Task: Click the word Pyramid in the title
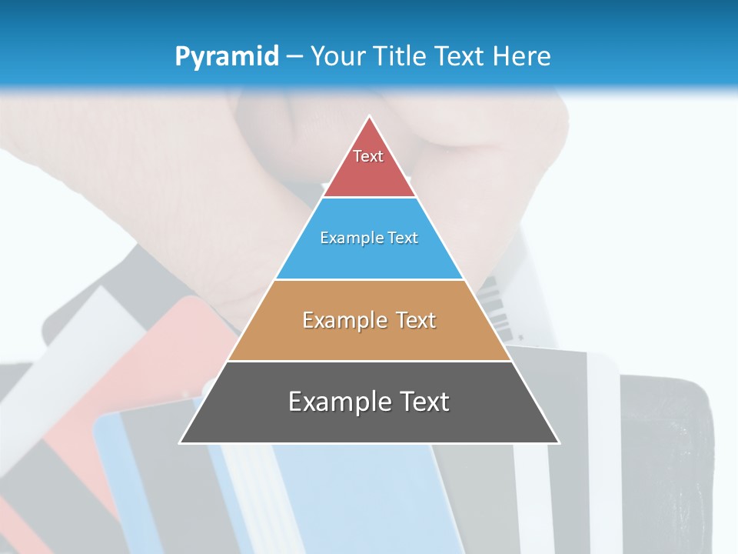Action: (227, 56)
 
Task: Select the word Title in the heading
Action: (401, 56)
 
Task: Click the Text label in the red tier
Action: (368, 156)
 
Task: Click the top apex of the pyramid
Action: (370, 116)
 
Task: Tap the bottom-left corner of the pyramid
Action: (181, 442)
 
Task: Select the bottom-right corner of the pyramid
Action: (559, 442)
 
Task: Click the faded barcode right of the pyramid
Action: (498, 308)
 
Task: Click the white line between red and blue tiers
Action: (370, 198)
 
